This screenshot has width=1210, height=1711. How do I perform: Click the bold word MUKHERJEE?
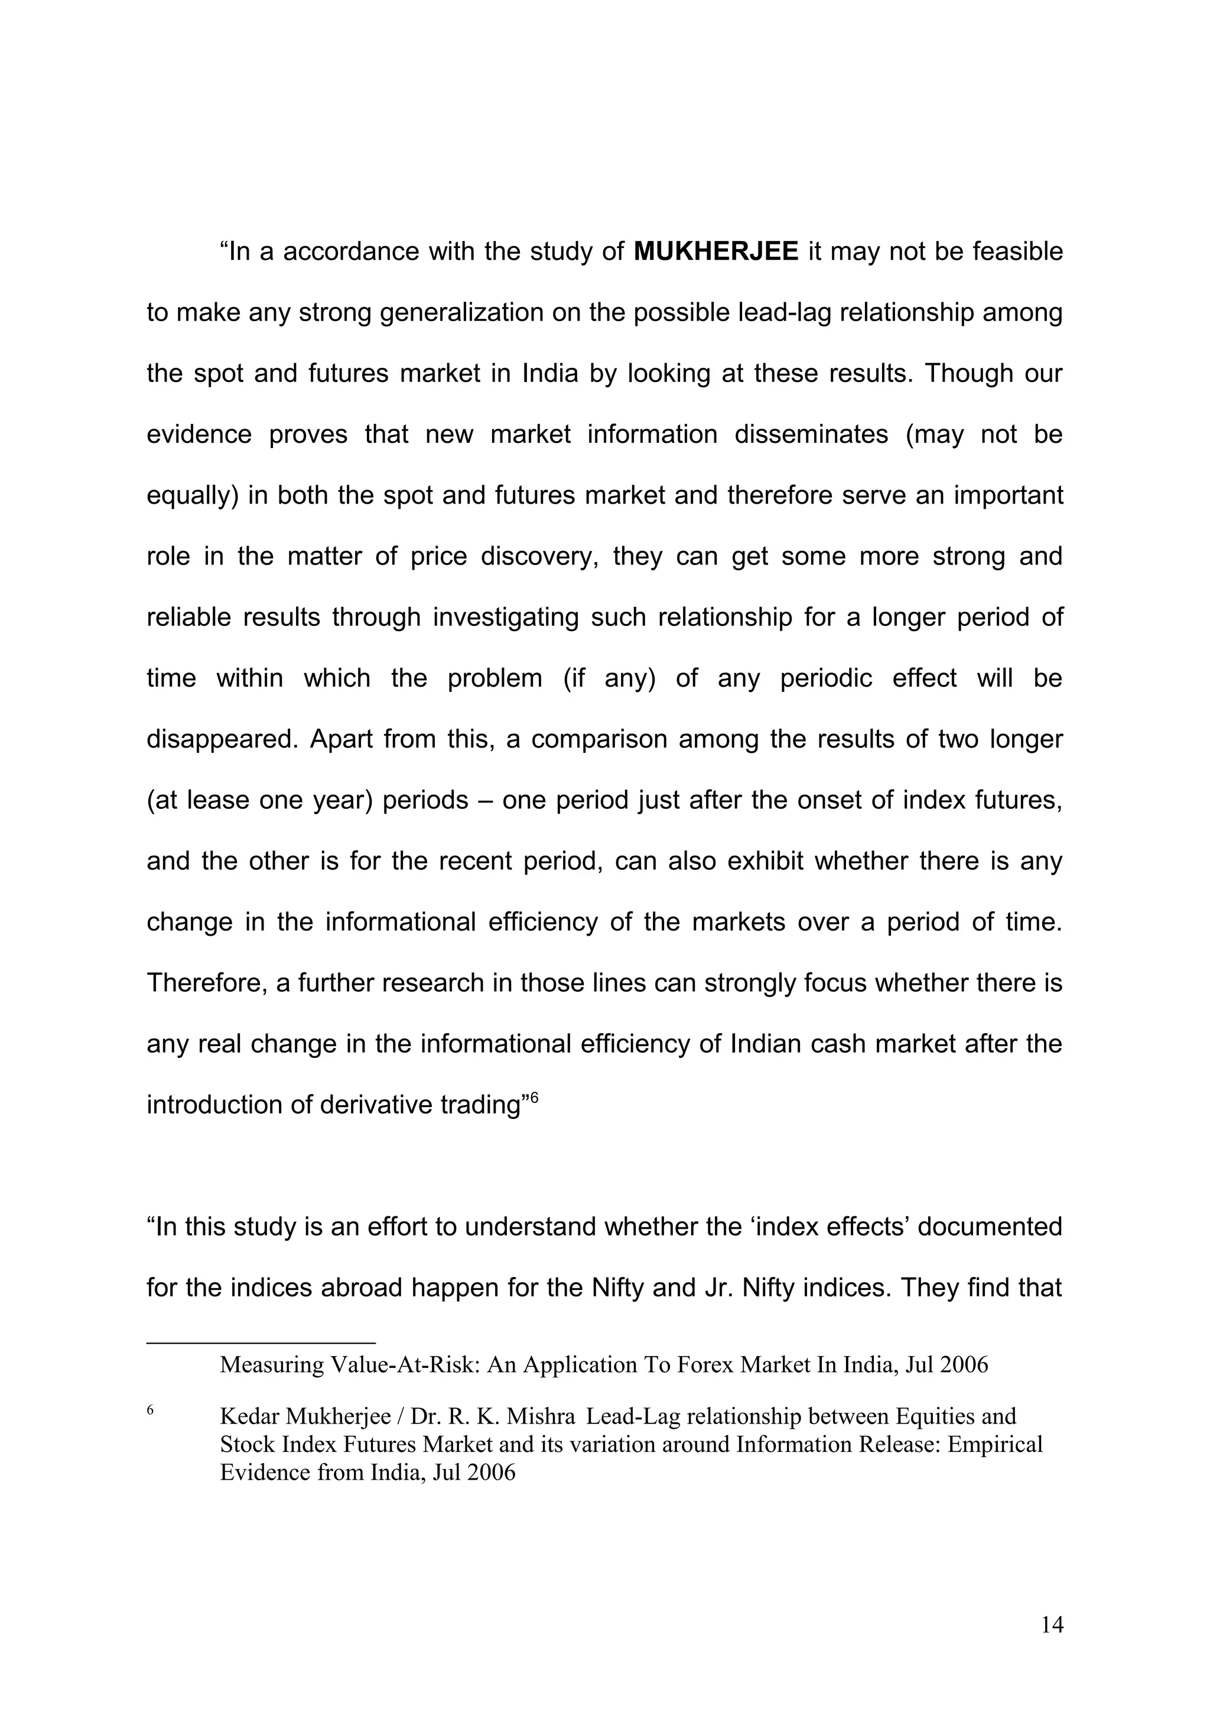(x=715, y=252)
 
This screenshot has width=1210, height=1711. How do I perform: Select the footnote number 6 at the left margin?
(x=151, y=1409)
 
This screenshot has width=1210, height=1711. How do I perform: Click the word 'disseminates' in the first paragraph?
(x=811, y=435)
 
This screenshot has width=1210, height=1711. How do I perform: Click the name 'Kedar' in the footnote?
(x=249, y=1416)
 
